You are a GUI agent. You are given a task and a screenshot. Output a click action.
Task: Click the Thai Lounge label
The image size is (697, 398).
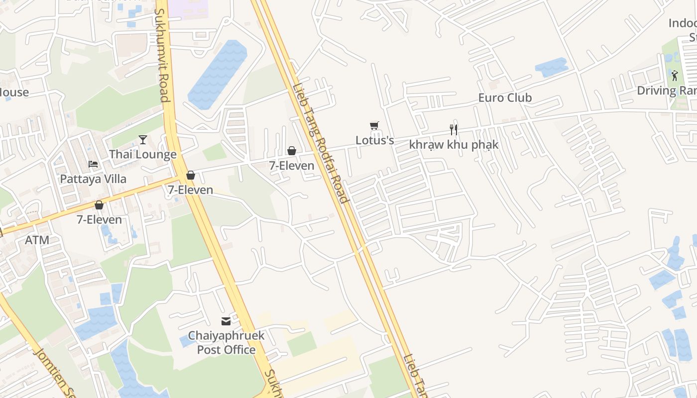click(x=143, y=154)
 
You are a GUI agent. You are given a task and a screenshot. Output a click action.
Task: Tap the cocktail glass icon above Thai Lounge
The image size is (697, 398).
click(x=143, y=139)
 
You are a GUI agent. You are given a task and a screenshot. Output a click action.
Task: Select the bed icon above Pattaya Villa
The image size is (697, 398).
click(x=93, y=164)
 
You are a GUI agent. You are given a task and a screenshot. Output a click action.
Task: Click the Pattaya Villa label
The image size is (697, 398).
click(x=93, y=179)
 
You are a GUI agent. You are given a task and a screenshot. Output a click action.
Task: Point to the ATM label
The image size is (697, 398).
click(x=37, y=240)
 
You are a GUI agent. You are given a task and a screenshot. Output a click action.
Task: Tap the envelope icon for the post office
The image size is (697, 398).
click(x=226, y=321)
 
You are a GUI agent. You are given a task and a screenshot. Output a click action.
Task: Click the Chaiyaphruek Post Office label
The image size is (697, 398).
click(x=226, y=342)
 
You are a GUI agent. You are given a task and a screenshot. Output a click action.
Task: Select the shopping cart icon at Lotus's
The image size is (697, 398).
click(x=374, y=126)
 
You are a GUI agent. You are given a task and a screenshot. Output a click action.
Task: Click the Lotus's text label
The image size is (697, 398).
click(x=374, y=140)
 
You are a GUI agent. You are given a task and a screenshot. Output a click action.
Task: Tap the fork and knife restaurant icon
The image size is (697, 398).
click(x=454, y=130)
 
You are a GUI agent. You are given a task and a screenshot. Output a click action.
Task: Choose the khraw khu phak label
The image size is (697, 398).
click(x=454, y=144)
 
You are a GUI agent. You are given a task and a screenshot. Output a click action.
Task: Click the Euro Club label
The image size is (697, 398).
click(x=505, y=98)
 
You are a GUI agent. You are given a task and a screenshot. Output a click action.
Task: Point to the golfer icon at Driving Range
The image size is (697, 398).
click(x=675, y=76)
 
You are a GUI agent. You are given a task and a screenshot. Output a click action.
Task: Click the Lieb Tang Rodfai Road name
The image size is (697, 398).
click(x=320, y=143)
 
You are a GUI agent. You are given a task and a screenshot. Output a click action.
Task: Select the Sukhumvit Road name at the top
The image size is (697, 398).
click(x=163, y=55)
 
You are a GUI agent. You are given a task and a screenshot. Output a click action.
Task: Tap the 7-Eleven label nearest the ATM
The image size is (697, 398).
click(x=99, y=219)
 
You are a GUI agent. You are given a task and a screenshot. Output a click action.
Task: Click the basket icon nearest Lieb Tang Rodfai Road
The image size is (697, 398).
click(x=292, y=151)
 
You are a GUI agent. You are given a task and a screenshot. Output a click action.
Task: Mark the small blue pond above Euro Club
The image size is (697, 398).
click(x=551, y=67)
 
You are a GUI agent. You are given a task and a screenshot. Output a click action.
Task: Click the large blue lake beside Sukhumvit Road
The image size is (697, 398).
click(x=218, y=75)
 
